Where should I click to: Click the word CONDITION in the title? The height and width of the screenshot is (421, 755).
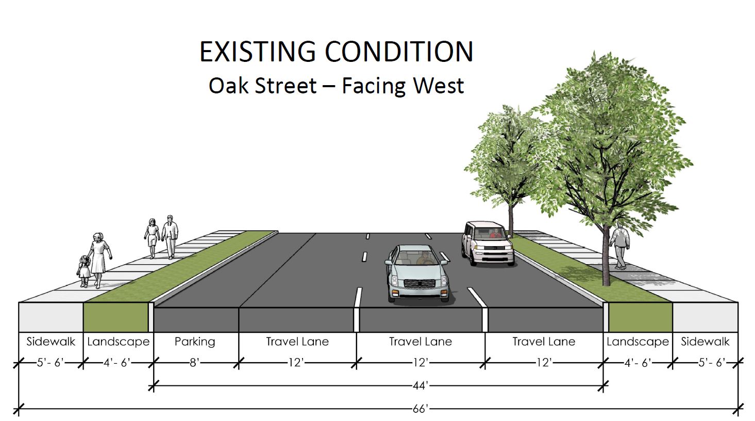[399, 52]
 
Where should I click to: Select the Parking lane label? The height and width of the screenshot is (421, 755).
[195, 342]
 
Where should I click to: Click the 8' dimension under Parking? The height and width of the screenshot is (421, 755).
[194, 363]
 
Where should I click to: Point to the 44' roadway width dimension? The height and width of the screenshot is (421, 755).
[421, 385]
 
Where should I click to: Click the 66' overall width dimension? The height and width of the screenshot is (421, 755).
[421, 409]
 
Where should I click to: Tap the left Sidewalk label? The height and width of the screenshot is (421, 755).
[51, 342]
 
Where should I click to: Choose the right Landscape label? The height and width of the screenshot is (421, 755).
[637, 342]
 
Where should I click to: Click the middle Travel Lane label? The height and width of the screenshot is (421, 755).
[421, 342]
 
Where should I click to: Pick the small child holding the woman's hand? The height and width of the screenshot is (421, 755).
[83, 271]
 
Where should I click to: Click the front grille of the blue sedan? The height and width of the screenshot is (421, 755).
[419, 283]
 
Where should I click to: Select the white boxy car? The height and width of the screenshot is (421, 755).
[488, 243]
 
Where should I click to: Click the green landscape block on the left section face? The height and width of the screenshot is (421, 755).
[115, 317]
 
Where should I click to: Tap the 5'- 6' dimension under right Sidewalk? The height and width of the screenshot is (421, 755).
[712, 363]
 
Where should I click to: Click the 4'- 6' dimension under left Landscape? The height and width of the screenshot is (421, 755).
[116, 363]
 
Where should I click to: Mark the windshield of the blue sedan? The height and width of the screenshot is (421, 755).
[417, 258]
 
